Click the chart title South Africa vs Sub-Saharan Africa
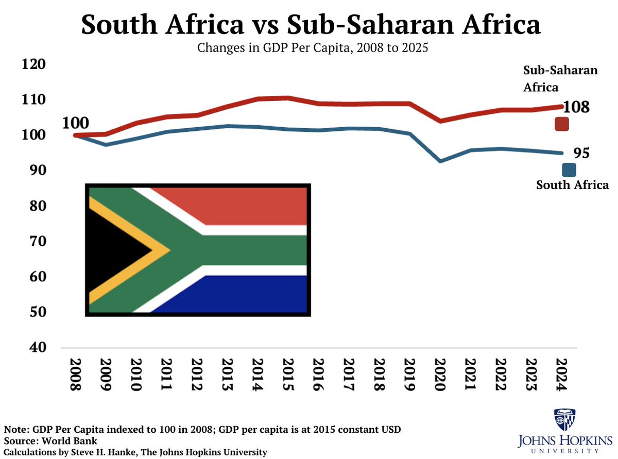pos(311,25)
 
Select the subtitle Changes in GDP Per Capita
pos(311,49)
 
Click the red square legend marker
pos(561,124)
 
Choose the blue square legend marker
pos(569,170)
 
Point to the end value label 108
pos(576,107)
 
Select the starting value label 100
pos(75,123)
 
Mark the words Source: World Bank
pos(50,441)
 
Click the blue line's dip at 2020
pos(441,161)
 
